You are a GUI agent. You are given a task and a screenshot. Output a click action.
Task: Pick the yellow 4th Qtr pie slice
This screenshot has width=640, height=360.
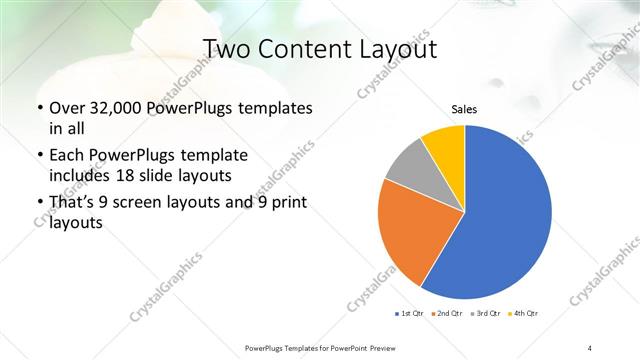coord(444,145)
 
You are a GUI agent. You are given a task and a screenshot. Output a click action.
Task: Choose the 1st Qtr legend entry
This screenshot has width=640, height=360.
coord(410,314)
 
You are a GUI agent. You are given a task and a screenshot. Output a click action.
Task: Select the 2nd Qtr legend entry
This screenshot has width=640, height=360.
coord(447,314)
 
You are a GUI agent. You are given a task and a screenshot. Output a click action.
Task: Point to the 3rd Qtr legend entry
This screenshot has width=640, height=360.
coord(485,314)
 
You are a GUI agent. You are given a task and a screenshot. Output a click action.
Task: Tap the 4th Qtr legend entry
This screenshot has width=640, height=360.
coord(523,314)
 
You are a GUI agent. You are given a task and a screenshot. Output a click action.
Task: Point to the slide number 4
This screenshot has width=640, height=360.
coord(590,346)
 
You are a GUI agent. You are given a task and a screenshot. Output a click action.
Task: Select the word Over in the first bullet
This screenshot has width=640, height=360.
coord(67,108)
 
